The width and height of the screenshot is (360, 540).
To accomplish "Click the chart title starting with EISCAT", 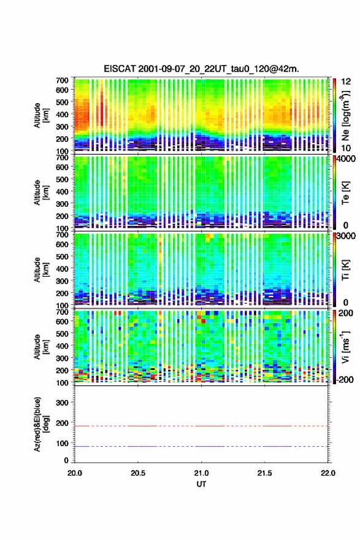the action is (201, 69).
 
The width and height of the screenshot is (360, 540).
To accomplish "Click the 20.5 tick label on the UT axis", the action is (138, 473).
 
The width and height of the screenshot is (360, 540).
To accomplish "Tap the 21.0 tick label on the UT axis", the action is (201, 473).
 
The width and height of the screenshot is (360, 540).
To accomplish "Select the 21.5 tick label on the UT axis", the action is (265, 473).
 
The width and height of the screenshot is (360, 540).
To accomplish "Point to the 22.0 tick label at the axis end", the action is (328, 473).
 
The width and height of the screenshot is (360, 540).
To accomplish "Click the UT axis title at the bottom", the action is (201, 484).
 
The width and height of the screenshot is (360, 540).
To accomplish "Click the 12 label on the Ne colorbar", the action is (347, 82).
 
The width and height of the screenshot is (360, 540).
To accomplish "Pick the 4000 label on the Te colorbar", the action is (347, 159).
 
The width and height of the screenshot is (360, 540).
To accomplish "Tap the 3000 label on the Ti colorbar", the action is (347, 236).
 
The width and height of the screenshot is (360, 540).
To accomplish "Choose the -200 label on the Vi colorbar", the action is (345, 380).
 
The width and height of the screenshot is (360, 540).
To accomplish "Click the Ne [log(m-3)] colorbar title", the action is (346, 115).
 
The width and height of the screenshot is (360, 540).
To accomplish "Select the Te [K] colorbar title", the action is (345, 193).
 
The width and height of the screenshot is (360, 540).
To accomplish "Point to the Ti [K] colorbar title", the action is (345, 269).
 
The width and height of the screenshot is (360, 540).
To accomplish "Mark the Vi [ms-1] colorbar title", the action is (345, 347).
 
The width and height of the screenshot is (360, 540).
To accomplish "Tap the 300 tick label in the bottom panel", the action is (62, 403).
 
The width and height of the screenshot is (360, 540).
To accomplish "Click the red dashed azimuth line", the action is (201, 426).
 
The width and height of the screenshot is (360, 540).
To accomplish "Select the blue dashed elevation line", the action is (201, 446).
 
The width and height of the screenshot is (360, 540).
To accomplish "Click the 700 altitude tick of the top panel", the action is (62, 80).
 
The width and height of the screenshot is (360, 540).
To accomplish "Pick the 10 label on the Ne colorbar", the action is (347, 148).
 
